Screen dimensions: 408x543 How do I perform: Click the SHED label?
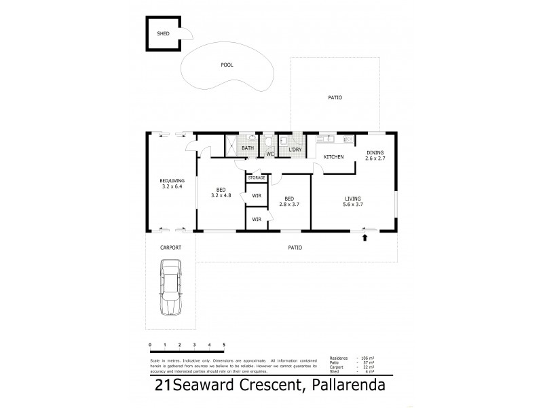(162, 33)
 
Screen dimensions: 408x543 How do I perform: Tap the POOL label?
(227, 65)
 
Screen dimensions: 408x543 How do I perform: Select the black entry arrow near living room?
(367, 237)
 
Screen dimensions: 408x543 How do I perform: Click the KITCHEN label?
(333, 157)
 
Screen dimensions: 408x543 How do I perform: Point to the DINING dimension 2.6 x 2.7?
(375, 158)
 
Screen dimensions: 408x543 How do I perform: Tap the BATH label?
(248, 148)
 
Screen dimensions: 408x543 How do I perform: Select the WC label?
(269, 154)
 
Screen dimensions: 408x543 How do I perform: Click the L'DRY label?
(295, 150)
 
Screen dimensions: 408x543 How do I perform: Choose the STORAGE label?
(256, 177)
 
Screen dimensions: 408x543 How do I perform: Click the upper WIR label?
(256, 196)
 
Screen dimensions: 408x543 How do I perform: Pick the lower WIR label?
(256, 219)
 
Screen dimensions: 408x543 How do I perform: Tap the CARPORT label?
(170, 248)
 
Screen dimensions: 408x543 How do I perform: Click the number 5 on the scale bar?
(224, 346)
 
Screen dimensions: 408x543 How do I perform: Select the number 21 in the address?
(163, 386)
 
